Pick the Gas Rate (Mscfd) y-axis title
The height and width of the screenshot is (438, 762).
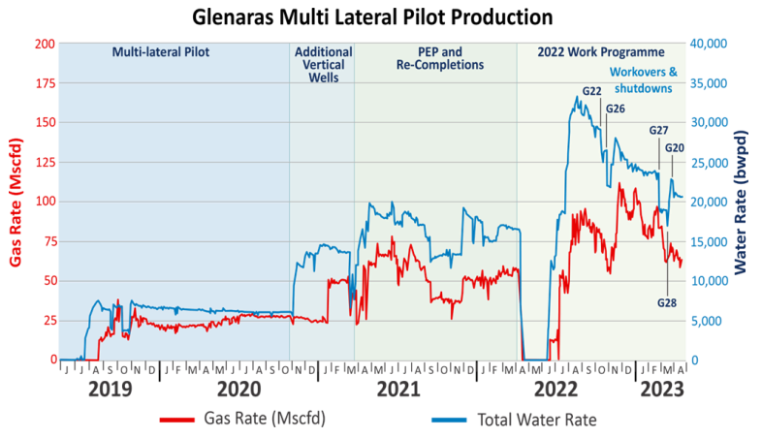point(16,202)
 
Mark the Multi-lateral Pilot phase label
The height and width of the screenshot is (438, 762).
point(161,52)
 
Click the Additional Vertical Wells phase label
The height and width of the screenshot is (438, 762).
point(322,65)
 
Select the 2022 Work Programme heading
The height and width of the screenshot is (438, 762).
point(601,52)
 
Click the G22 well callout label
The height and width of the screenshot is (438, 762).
point(591,92)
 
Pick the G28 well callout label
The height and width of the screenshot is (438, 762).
point(667,302)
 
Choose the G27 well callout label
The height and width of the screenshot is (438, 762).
point(658,131)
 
